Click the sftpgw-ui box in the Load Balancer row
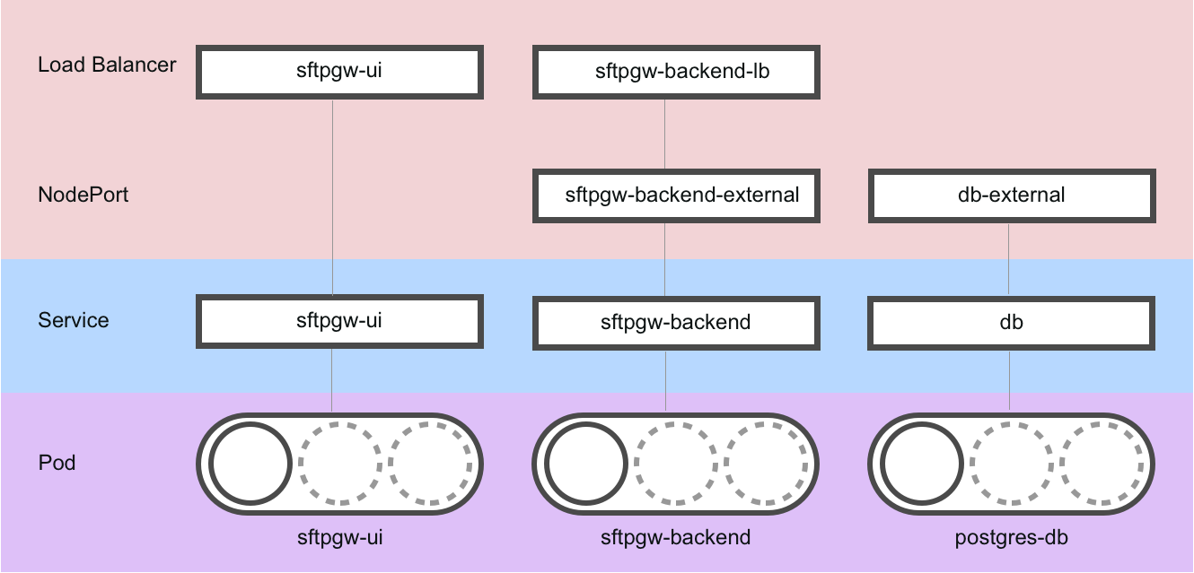point(339,73)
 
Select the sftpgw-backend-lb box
point(676,73)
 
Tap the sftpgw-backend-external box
point(676,195)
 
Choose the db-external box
point(1012,195)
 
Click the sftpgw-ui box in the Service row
point(339,321)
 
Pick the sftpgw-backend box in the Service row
point(676,322)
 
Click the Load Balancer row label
point(107,65)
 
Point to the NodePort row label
point(83,195)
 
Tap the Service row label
point(74,321)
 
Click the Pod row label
point(57,464)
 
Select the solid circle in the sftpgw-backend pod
point(586,464)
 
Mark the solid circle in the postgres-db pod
point(922,464)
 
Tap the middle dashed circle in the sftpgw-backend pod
point(676,464)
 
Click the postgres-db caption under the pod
point(1012,538)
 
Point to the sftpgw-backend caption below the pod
point(676,538)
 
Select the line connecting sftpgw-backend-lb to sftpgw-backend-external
point(665,134)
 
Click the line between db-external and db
point(1009,260)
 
